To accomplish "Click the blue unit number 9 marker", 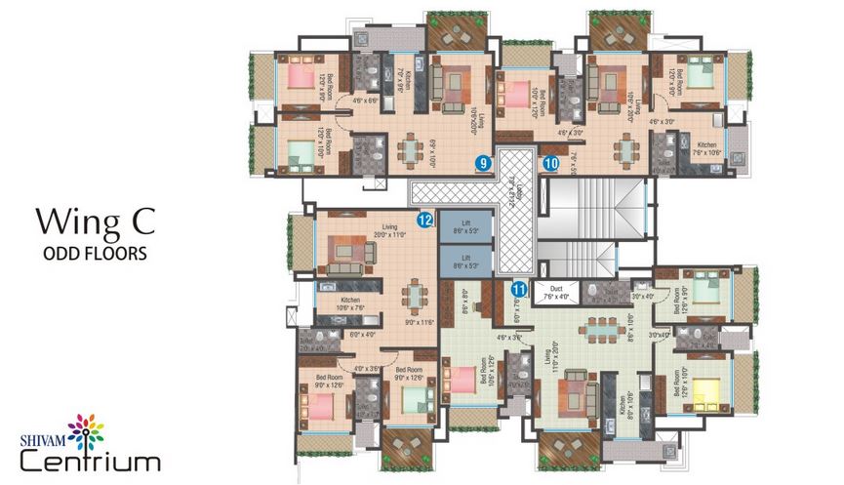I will [x=482, y=163].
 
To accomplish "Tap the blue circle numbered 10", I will [x=551, y=163].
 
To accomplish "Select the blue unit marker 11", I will [x=519, y=289].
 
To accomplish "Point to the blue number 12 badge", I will [x=425, y=221].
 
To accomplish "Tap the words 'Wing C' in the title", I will [x=95, y=222].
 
